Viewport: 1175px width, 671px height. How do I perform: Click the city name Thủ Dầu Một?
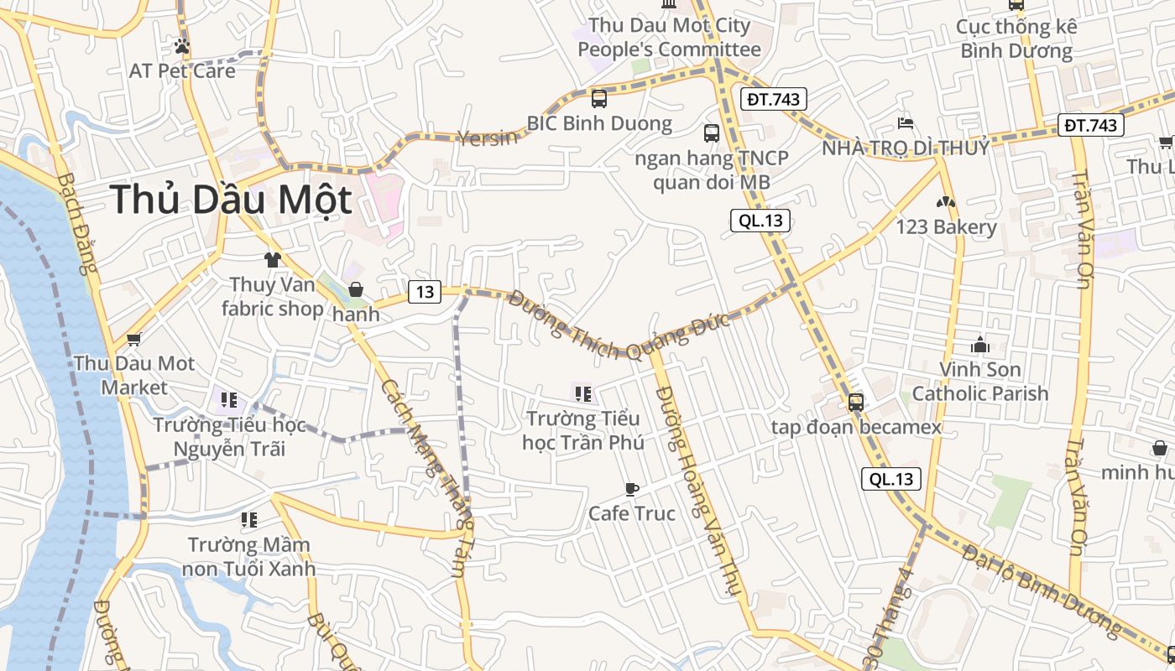point(231,200)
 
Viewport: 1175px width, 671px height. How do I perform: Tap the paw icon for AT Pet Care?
point(181,46)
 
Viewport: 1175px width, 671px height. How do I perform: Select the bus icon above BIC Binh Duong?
point(599,98)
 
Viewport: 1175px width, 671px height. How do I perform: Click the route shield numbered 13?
point(425,291)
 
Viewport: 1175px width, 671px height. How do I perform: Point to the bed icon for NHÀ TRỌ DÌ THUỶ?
point(905,123)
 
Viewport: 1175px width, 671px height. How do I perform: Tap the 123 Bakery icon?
point(946,202)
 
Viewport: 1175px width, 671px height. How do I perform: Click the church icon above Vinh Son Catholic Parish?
point(979,344)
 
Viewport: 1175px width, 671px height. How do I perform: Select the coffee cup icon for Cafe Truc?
point(631,489)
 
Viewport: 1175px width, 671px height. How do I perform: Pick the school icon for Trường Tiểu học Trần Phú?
point(584,393)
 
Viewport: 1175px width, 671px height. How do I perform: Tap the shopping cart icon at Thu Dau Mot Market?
point(133,340)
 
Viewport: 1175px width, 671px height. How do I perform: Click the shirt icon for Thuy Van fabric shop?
point(271,260)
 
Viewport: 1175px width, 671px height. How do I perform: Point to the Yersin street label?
point(488,138)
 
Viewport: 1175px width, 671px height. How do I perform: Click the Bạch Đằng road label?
point(77,223)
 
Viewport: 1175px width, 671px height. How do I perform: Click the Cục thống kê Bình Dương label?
point(1016,39)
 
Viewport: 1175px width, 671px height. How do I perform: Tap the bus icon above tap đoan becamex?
point(855,402)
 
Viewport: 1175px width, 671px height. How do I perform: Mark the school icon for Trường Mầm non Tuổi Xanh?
point(248,520)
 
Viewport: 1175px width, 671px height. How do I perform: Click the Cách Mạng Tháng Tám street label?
point(425,478)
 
